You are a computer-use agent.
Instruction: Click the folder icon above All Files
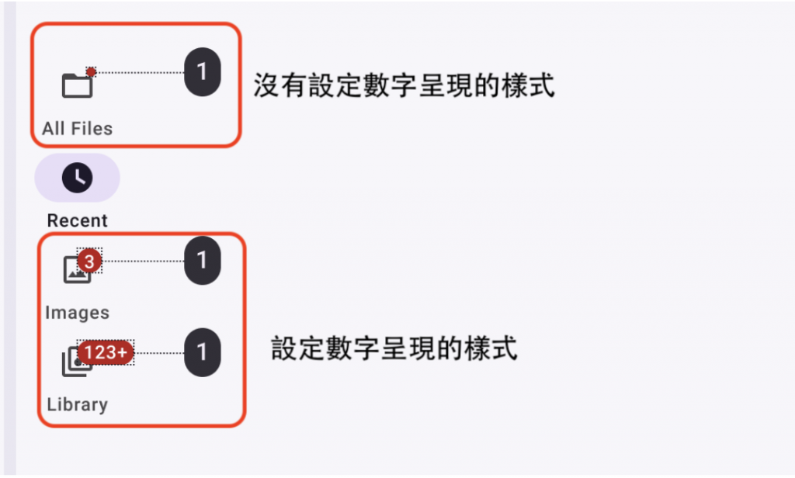(76, 85)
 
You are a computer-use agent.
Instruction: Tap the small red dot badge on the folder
(91, 72)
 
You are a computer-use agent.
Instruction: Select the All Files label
(77, 129)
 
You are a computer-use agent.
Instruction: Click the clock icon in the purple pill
(77, 178)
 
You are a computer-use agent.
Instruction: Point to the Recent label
(77, 220)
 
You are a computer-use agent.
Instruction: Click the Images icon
(75, 270)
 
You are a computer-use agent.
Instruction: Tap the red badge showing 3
(89, 262)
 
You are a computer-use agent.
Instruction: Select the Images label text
(77, 313)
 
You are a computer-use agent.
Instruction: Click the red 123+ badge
(106, 353)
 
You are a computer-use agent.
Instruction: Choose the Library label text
(77, 404)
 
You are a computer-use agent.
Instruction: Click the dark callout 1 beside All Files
(202, 72)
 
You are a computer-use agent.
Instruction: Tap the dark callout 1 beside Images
(202, 261)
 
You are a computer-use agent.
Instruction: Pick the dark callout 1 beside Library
(202, 353)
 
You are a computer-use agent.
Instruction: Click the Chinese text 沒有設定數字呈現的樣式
(404, 85)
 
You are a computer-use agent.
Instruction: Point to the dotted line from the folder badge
(140, 72)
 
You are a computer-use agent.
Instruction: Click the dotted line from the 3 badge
(144, 262)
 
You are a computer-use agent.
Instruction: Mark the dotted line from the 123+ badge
(159, 353)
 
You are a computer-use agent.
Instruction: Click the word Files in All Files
(92, 129)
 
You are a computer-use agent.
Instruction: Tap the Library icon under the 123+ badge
(74, 365)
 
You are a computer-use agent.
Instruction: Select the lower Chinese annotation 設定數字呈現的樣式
(394, 348)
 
